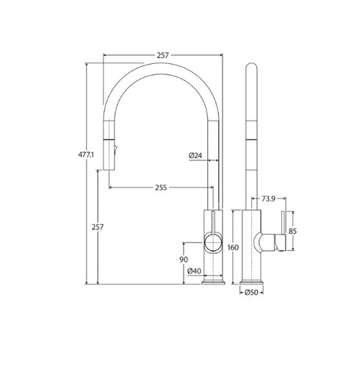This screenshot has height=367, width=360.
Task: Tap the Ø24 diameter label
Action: pos(196,155)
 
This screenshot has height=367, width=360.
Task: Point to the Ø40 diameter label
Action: pos(195,271)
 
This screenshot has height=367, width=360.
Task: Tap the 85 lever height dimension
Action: pos(292,230)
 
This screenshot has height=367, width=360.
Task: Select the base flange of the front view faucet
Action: pos(212,281)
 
